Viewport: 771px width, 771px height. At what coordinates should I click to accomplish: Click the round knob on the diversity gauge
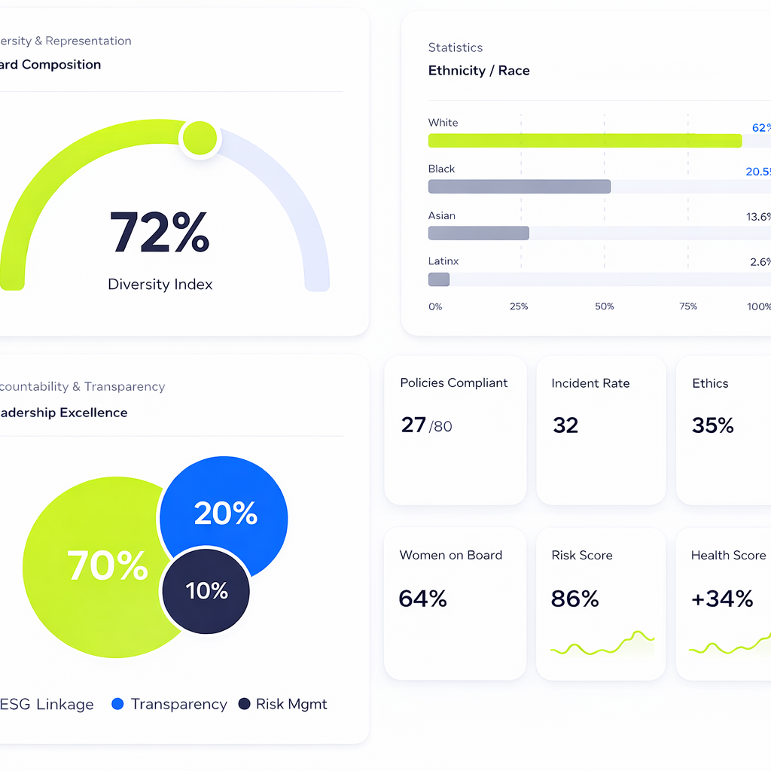click(200, 138)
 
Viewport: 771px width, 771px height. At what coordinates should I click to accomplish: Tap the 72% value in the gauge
click(160, 233)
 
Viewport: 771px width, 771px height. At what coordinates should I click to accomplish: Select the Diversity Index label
click(160, 285)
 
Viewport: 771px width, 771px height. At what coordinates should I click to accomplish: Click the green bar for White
click(584, 141)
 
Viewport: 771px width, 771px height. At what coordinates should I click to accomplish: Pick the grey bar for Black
click(519, 187)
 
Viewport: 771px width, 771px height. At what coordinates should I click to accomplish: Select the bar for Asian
click(478, 233)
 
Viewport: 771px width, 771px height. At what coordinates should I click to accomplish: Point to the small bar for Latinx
click(438, 279)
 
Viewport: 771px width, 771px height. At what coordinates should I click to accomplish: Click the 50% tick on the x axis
click(604, 306)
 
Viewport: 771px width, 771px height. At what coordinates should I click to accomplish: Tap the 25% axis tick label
click(519, 306)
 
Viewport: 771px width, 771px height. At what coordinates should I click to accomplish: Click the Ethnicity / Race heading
click(479, 71)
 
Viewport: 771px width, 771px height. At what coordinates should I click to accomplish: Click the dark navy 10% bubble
click(206, 591)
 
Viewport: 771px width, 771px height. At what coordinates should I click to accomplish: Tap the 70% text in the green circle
click(107, 565)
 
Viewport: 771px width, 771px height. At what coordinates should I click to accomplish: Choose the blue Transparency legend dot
click(117, 704)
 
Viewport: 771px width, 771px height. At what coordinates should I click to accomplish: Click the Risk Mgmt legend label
click(291, 704)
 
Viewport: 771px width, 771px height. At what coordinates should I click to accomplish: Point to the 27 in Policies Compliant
click(413, 425)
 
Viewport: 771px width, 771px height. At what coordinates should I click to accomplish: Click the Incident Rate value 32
click(565, 425)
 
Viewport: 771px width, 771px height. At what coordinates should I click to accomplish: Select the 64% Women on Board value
click(422, 599)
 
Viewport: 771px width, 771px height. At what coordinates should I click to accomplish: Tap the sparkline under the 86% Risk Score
click(602, 644)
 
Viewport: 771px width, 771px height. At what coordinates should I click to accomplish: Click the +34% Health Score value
click(722, 599)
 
